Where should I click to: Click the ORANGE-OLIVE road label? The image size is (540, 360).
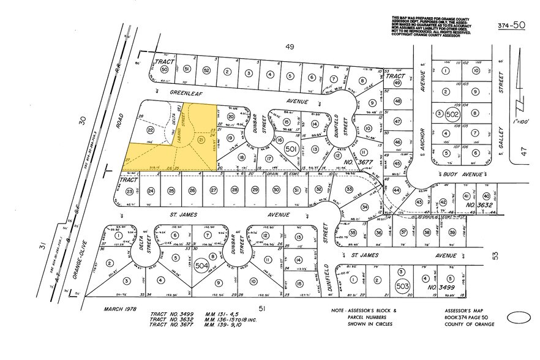coord(79,260)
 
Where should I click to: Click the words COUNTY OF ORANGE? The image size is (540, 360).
coord(470,324)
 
